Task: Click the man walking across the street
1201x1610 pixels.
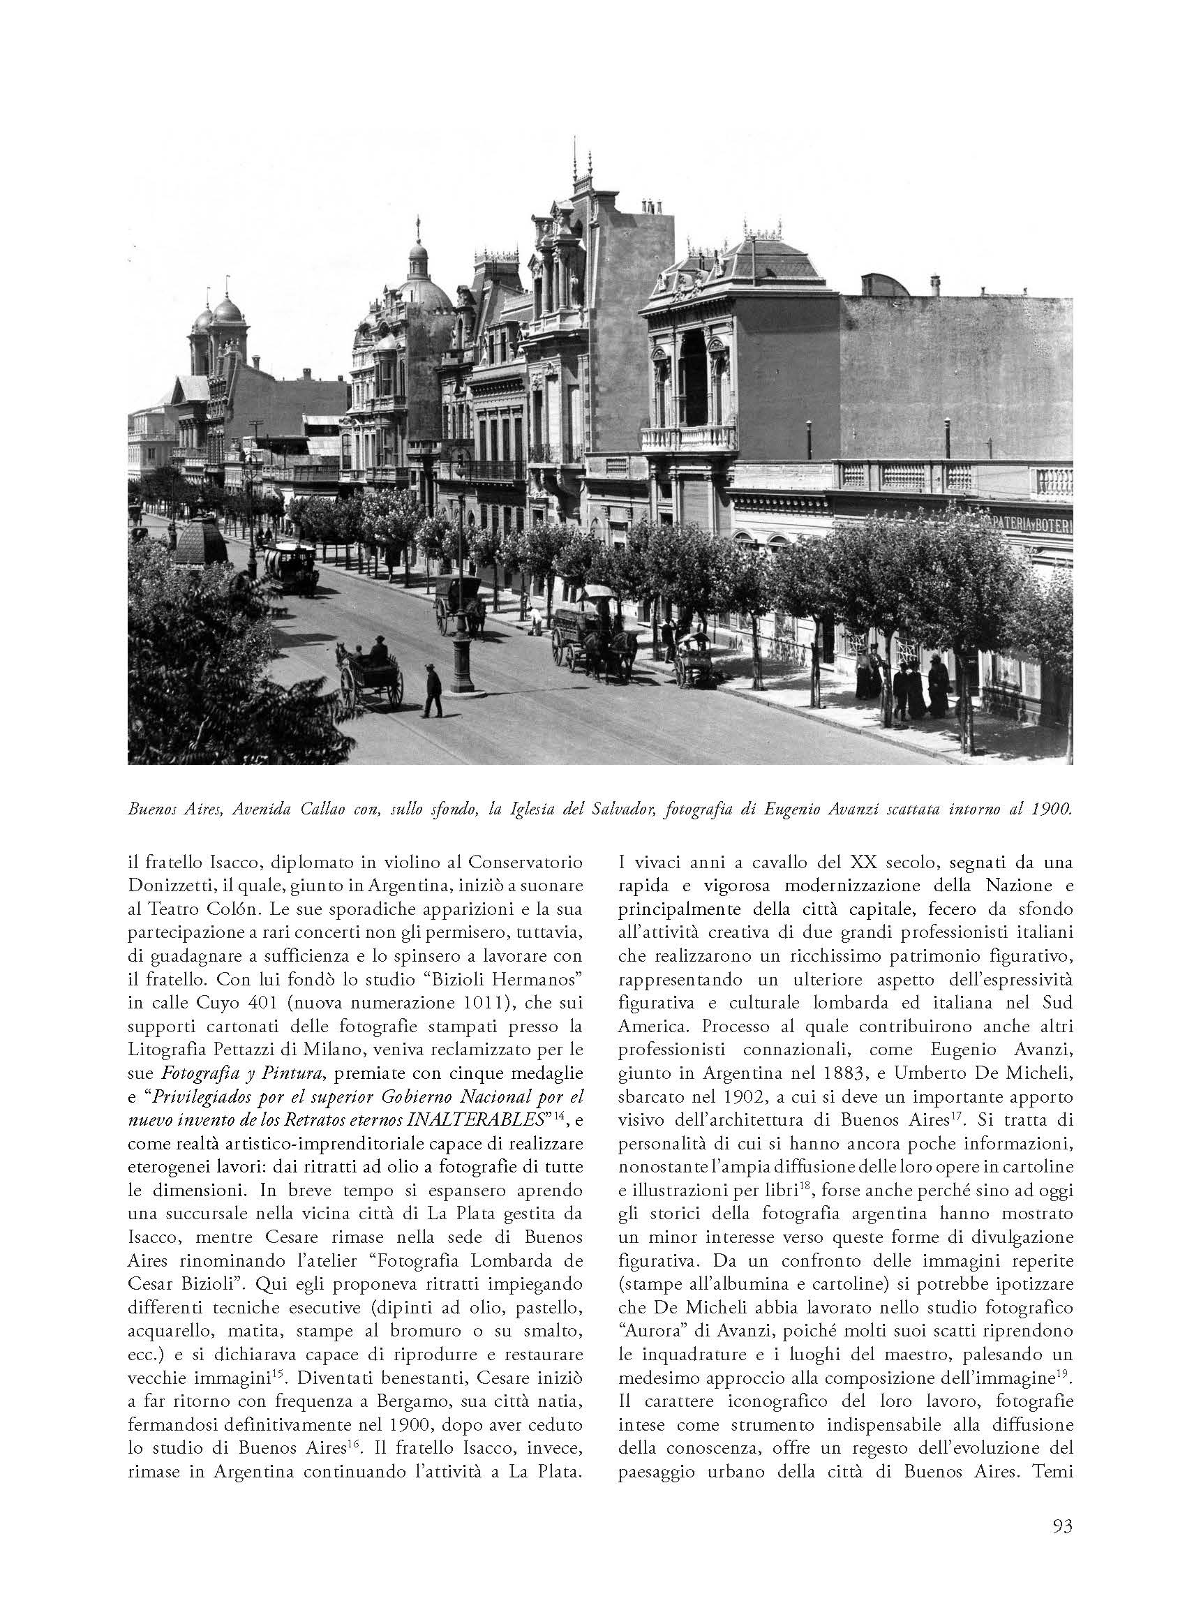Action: [433, 690]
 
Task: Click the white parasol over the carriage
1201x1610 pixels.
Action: [598, 590]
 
